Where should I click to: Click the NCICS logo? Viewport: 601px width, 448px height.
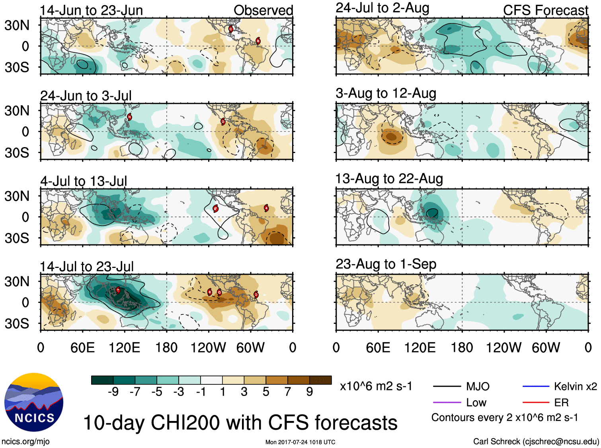point(33,402)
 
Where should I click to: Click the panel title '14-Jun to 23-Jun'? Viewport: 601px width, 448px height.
point(91,10)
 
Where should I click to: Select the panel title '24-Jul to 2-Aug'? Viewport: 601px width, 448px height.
point(382,8)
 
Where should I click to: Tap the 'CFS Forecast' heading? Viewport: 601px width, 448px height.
point(545,10)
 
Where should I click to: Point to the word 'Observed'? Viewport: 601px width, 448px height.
point(263,10)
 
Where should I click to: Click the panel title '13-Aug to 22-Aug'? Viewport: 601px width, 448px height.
point(389,179)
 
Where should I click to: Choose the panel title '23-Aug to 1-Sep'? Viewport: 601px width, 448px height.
point(386,264)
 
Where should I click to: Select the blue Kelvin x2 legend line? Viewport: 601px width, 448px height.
point(535,386)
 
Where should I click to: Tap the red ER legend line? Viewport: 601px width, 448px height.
point(535,403)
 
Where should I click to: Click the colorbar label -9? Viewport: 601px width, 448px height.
point(113,392)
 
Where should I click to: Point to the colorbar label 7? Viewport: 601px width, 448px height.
point(288,392)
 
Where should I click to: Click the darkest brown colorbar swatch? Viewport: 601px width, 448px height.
point(320,380)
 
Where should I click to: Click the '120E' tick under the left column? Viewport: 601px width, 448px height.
point(124,348)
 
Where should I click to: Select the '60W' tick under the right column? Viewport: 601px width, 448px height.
point(546,348)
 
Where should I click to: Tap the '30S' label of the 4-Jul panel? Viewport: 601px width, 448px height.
point(17,238)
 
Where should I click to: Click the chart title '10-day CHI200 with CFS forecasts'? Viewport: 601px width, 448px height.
point(240,423)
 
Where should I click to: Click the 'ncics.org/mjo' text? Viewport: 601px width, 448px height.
point(25,441)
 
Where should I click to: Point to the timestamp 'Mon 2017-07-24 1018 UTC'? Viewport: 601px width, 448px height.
point(300,442)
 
